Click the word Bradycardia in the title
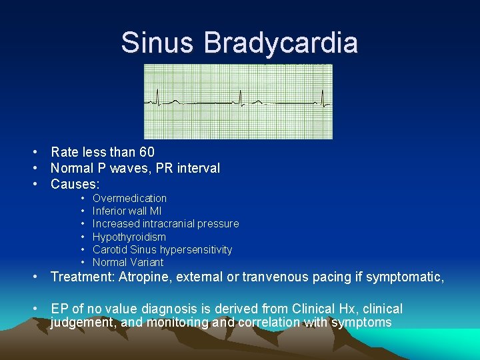click(281, 43)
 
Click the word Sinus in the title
click(159, 43)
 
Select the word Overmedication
click(129, 198)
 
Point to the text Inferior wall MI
click(127, 211)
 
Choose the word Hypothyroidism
click(129, 237)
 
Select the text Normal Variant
click(127, 262)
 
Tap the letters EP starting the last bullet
click(59, 309)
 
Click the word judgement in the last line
click(81, 322)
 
